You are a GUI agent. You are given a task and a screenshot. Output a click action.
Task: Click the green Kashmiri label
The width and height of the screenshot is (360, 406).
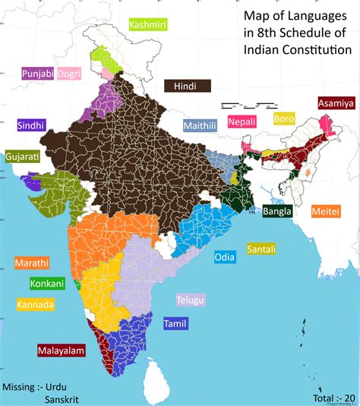[148, 25]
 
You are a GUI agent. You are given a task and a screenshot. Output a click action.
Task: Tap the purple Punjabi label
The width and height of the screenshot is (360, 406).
[36, 74]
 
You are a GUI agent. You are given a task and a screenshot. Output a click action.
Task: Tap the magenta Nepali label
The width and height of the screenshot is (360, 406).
[243, 121]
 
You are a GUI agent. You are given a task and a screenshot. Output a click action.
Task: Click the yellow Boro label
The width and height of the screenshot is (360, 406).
[284, 119]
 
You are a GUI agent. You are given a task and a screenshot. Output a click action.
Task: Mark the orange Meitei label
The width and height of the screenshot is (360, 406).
[325, 212]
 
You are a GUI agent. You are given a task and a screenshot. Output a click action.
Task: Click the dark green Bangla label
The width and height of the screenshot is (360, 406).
[277, 212]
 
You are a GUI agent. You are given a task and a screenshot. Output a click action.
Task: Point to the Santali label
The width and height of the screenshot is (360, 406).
[261, 249]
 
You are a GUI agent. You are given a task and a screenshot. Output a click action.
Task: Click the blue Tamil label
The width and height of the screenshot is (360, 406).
[174, 324]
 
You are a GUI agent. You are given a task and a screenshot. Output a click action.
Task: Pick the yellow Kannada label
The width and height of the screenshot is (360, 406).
[35, 305]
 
